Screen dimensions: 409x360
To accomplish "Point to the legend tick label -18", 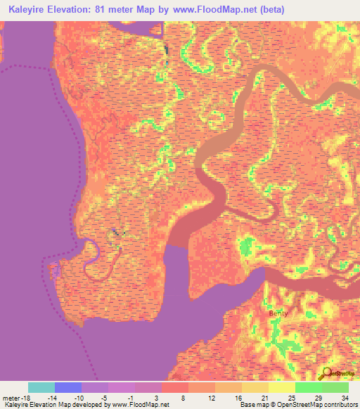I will pyautogui.click(x=23, y=397).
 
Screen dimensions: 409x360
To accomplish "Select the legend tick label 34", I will pyautogui.click(x=345, y=397).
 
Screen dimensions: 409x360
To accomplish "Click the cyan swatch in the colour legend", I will pyautogui.click(x=41, y=387).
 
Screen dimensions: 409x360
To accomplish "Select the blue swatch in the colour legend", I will pyautogui.click(x=68, y=387).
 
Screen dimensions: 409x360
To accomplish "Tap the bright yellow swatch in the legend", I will pyautogui.click(x=282, y=387).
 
